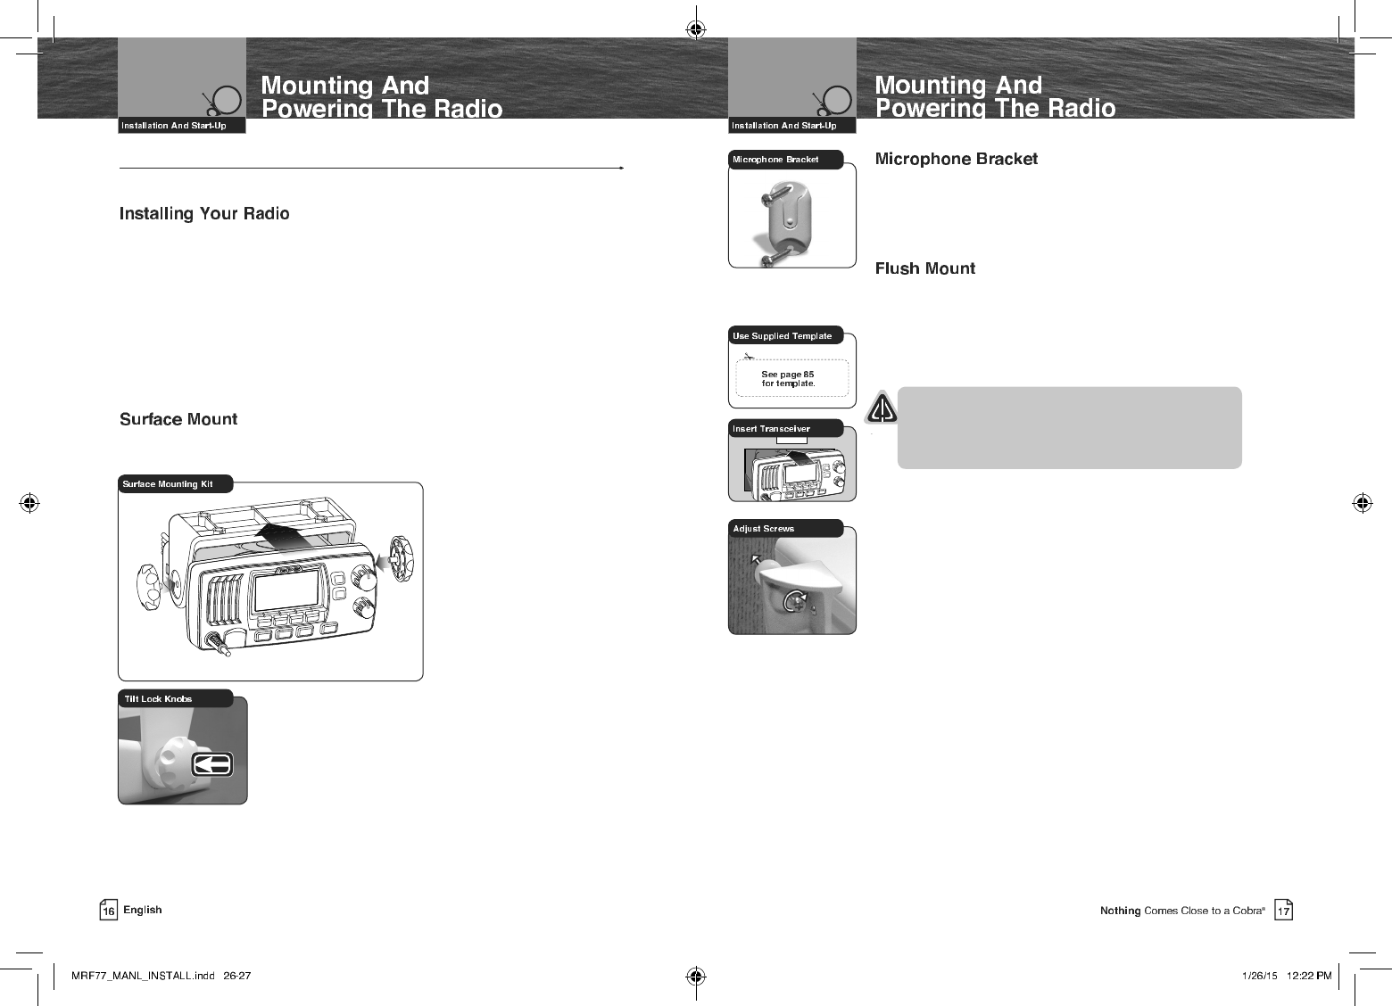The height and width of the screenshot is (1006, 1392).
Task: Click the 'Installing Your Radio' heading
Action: point(204,214)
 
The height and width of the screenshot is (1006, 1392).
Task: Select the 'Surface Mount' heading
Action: point(178,419)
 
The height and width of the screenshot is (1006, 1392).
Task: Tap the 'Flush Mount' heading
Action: point(924,268)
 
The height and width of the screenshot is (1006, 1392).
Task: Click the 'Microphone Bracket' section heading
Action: point(956,159)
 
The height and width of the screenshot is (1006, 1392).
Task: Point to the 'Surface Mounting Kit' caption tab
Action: point(170,484)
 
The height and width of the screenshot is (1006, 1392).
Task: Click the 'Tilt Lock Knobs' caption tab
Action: point(159,699)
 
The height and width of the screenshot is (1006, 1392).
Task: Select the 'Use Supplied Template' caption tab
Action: point(783,336)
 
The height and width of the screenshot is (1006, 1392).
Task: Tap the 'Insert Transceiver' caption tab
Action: point(772,429)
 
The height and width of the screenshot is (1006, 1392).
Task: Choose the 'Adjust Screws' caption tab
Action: point(764,529)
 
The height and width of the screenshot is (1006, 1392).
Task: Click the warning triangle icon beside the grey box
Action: point(882,408)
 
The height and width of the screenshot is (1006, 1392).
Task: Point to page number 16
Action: point(108,911)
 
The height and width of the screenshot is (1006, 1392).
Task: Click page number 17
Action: point(1283,911)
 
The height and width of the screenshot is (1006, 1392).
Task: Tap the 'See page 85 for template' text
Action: point(788,379)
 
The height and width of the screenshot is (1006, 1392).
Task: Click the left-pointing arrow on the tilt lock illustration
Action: point(212,764)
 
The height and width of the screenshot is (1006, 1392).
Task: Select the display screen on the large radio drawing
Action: point(286,590)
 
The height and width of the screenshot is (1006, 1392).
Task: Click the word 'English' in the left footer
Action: point(143,910)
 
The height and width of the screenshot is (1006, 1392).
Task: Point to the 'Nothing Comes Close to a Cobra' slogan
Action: point(1181,911)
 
